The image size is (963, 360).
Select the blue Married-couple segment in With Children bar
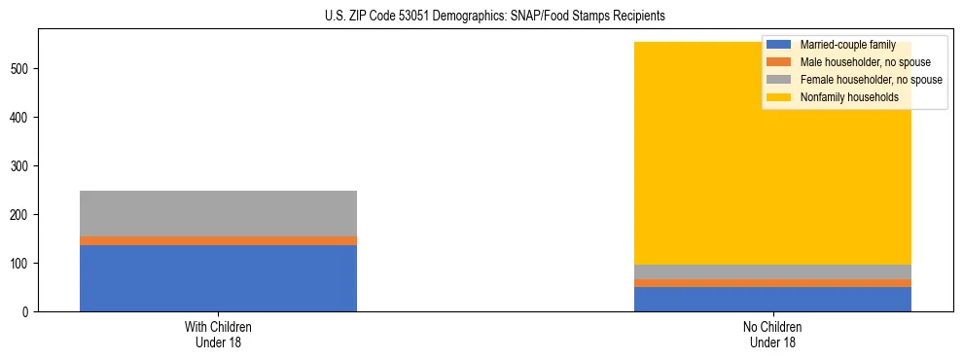click(x=218, y=278)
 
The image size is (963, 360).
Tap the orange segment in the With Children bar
click(x=218, y=240)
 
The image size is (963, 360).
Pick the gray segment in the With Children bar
click(x=218, y=213)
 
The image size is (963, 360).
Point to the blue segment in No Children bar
click(x=772, y=300)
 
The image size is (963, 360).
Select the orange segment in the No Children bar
click(x=772, y=283)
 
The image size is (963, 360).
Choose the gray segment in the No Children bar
click(x=772, y=271)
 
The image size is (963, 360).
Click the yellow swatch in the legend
click(x=779, y=97)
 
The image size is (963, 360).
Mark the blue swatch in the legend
click(x=779, y=45)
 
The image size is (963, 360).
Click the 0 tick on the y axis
click(x=29, y=312)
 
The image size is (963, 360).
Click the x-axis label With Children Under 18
click(x=218, y=335)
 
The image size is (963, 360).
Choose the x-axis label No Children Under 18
click(x=772, y=335)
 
